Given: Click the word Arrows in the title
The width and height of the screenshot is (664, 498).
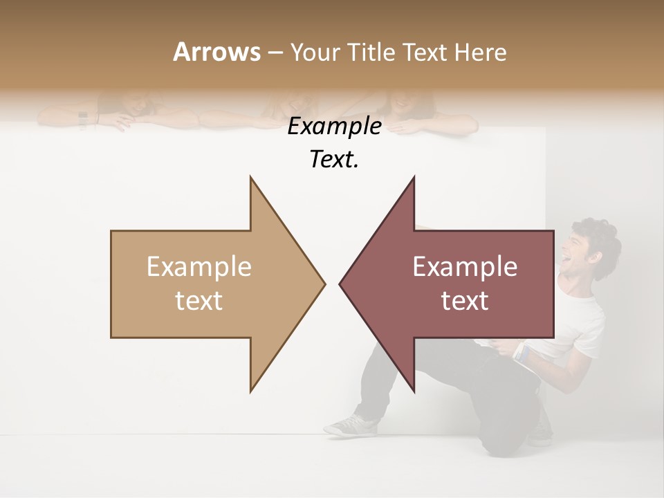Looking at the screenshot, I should (216, 52).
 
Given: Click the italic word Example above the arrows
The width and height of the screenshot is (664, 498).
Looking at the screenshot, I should (334, 127).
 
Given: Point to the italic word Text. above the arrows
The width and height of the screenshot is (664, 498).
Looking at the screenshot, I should (334, 160).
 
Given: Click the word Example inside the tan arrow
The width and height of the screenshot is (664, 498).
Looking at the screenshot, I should (199, 267).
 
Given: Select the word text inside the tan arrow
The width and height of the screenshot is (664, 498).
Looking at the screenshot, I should (199, 301).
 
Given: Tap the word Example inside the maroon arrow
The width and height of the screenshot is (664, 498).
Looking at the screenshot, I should (465, 267).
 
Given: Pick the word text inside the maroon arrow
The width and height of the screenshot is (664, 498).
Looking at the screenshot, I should (465, 301).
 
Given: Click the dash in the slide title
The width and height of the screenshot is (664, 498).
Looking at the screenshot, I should (275, 53).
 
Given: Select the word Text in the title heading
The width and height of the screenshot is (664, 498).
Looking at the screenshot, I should (425, 52).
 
